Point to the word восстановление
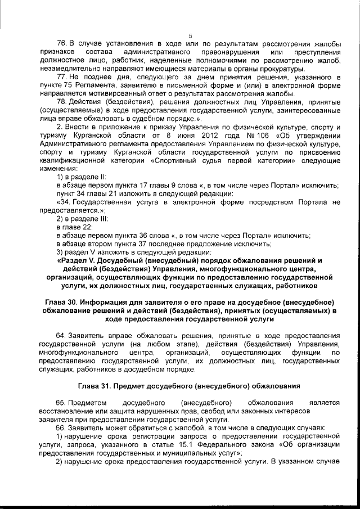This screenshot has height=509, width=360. coord(64,411)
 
